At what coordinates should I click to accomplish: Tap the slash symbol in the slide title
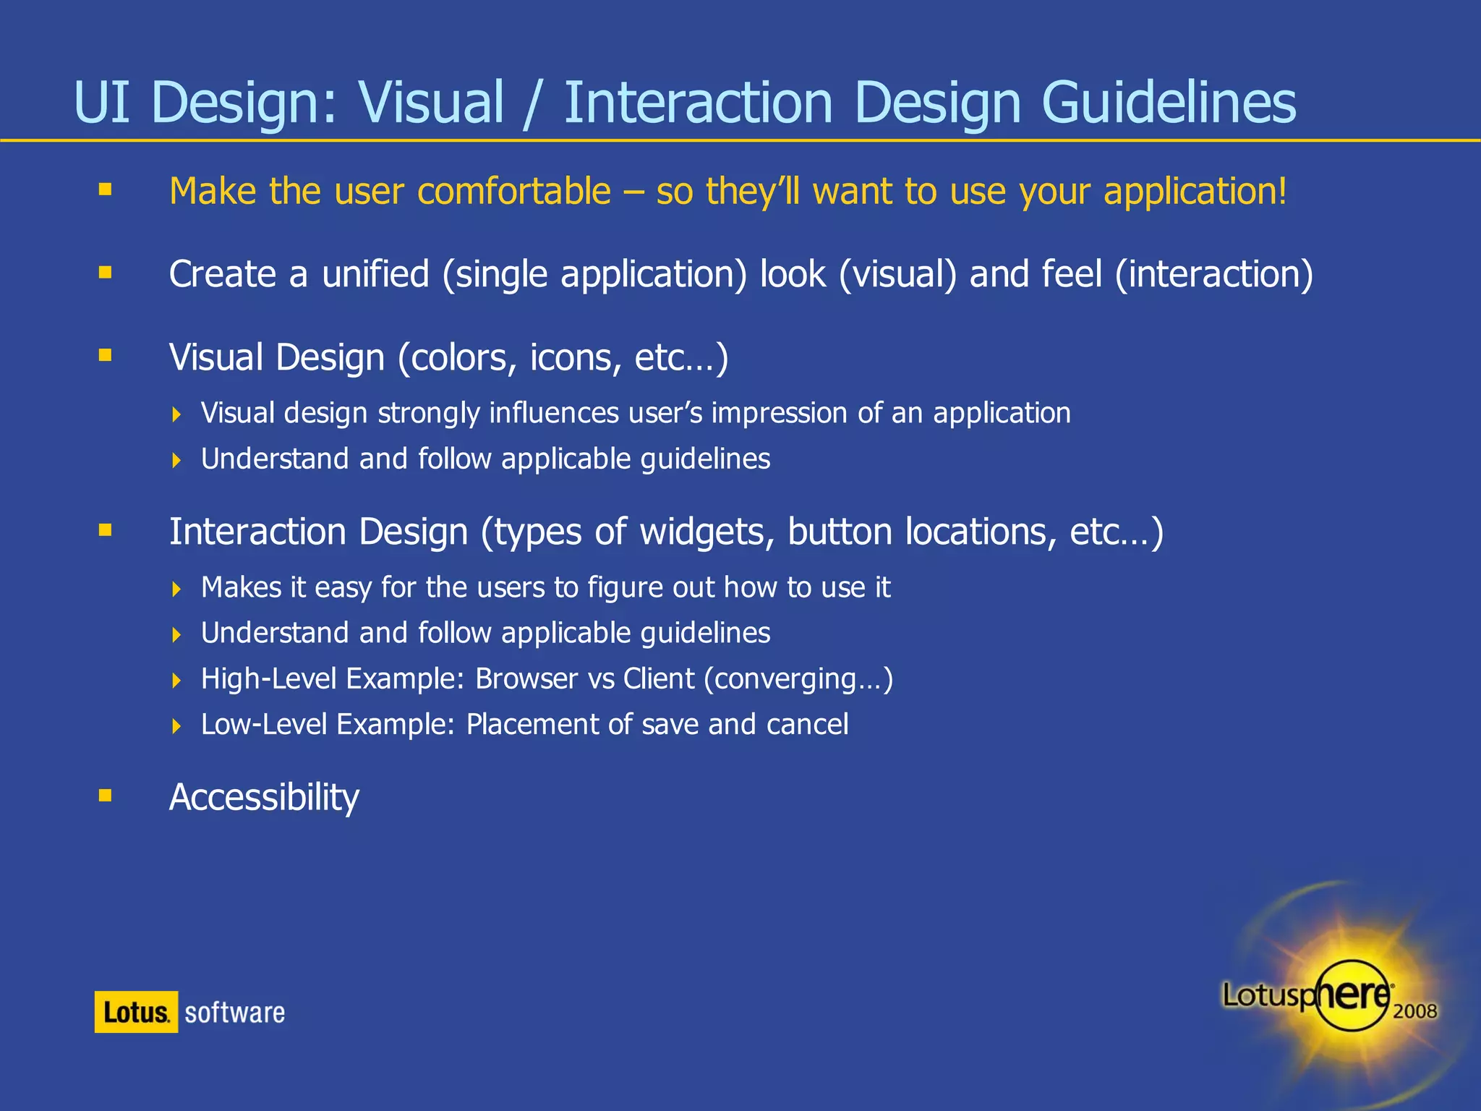[x=533, y=104]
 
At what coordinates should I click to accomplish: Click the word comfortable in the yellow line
[x=514, y=192]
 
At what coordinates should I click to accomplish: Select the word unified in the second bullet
[x=375, y=275]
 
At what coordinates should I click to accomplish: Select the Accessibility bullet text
[x=264, y=798]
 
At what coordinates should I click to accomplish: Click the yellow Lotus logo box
[x=136, y=1012]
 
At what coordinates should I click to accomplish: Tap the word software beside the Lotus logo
[x=234, y=1013]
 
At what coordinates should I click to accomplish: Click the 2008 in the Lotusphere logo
[x=1414, y=1011]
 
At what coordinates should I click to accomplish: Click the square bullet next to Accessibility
[x=106, y=796]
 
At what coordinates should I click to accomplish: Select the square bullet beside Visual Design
[x=106, y=355]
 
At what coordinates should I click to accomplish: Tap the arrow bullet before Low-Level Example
[x=176, y=726]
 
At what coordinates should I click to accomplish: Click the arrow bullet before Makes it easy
[x=176, y=589]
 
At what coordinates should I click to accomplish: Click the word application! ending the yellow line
[x=1195, y=192]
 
